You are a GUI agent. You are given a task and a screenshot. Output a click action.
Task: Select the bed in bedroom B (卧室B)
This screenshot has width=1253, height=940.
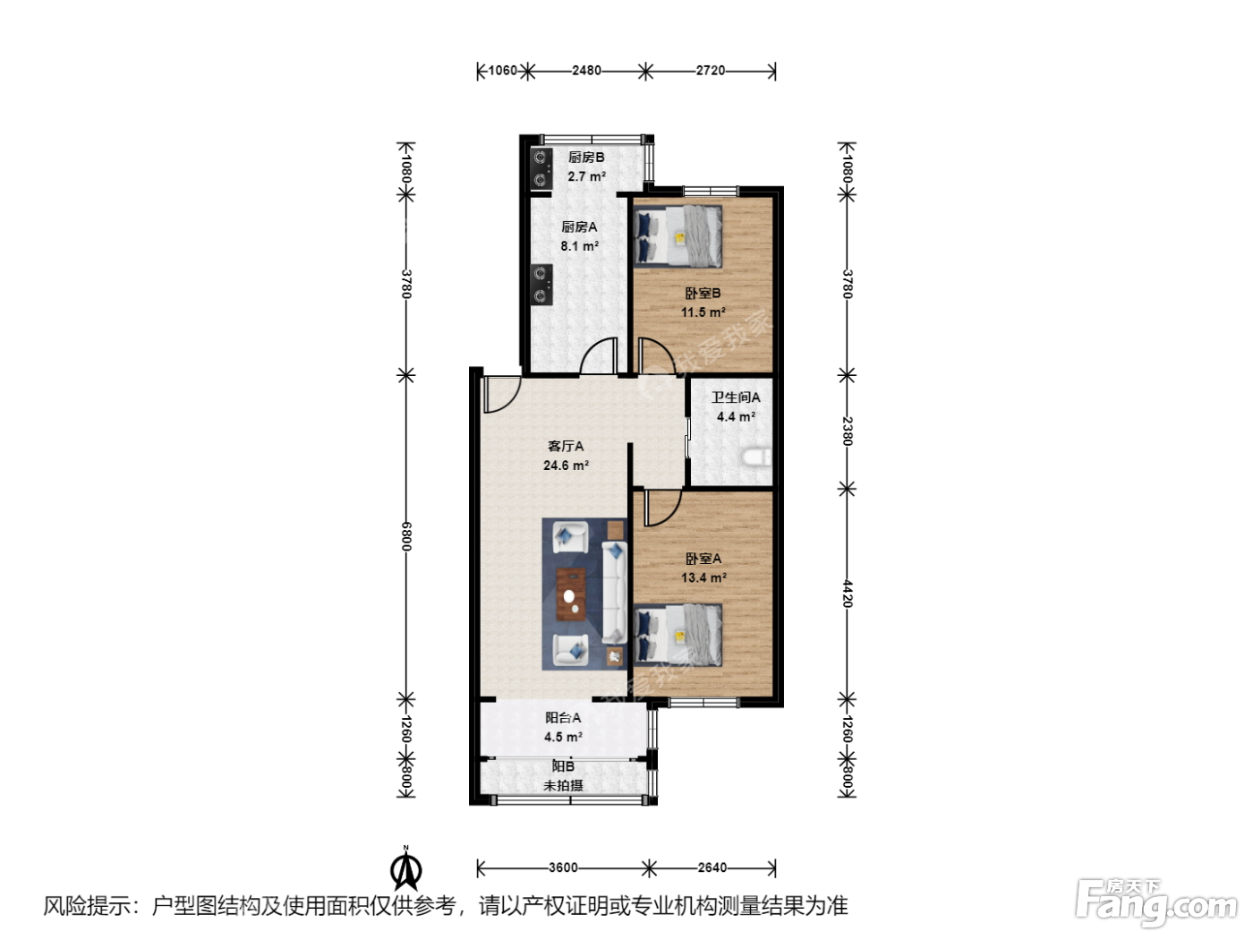678,235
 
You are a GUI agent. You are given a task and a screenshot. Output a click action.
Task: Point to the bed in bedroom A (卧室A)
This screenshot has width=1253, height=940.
678,635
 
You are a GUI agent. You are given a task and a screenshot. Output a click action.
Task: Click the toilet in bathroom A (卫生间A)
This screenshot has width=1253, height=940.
757,457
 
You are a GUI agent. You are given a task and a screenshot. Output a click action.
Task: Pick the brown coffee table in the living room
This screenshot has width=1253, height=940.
571,594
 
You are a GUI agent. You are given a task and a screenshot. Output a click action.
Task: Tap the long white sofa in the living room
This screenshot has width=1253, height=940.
614,594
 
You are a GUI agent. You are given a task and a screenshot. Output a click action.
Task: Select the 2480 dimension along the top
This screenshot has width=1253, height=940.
586,71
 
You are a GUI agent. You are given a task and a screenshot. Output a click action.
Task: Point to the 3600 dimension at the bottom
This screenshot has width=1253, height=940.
563,867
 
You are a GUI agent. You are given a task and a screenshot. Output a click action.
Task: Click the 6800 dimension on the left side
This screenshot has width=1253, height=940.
405,536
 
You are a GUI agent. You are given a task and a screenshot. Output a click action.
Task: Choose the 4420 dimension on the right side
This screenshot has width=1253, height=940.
848,594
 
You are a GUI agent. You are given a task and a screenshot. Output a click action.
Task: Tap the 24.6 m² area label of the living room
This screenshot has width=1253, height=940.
566,466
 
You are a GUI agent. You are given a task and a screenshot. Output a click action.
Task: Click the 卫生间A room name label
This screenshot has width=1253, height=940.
736,397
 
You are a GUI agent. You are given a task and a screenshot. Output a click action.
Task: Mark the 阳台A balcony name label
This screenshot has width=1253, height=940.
563,717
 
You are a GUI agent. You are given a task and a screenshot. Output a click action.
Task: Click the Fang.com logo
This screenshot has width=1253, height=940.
1155,903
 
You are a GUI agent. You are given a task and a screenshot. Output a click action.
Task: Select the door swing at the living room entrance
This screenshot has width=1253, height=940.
502,394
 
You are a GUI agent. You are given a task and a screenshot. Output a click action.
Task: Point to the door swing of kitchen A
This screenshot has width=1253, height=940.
598,356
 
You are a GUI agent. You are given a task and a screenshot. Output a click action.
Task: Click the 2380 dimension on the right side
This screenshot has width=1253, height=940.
848,432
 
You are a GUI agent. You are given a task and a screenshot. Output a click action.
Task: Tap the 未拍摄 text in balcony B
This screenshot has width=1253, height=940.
563,785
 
